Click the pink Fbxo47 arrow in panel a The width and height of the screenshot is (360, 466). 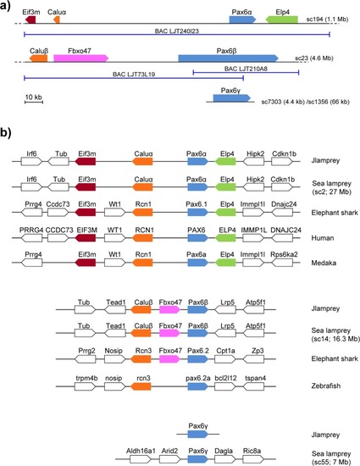point(80,58)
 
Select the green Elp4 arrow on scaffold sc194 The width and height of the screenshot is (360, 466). point(281,19)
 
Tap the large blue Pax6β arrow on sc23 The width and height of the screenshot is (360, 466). point(228,58)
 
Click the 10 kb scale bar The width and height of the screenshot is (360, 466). point(34,102)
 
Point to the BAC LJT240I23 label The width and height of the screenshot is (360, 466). point(177,31)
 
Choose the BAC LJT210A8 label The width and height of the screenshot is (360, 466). point(246,69)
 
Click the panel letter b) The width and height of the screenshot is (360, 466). point(6,132)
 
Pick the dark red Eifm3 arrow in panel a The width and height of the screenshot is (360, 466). point(30,19)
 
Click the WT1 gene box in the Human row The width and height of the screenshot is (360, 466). point(114,238)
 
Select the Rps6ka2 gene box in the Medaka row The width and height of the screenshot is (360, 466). point(282,263)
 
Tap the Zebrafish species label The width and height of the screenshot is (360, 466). point(326,386)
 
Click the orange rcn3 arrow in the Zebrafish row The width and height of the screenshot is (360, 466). point(141,386)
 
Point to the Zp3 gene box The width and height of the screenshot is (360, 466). point(253,359)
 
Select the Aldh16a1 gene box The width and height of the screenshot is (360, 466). point(141,459)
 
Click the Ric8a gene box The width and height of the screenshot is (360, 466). point(253,459)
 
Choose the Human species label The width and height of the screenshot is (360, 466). point(323,238)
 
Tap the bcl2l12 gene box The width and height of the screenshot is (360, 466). point(224,386)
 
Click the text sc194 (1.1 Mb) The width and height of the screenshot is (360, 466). point(327,19)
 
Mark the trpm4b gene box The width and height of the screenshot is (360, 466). point(85,386)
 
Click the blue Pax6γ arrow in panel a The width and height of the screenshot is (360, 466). point(232,98)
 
